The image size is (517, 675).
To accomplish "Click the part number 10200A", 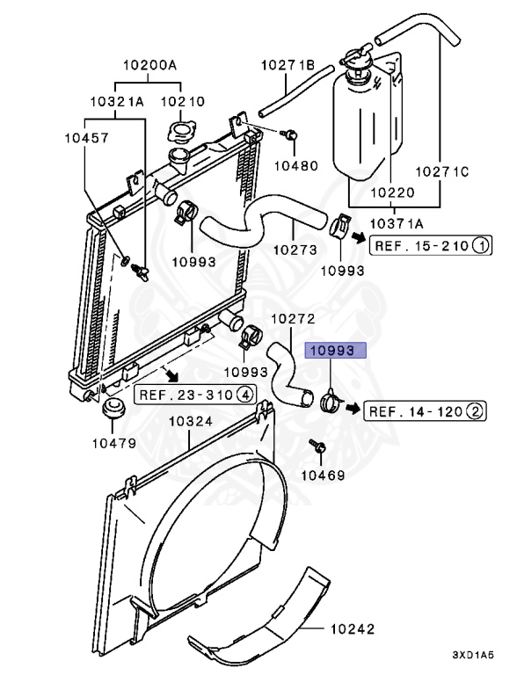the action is coord(149,65).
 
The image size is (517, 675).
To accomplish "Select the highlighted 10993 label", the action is coord(336,351).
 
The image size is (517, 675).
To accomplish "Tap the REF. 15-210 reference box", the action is coord(431,246).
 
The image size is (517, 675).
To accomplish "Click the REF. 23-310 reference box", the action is coord(195,395).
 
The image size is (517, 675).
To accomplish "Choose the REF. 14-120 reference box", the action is coord(425,411).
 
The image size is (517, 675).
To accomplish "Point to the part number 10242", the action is coord(353,629).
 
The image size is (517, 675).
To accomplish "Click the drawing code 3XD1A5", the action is coord(473,655).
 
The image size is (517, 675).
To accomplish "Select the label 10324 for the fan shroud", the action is coord(191,421).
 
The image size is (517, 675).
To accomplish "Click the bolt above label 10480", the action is coord(289,134).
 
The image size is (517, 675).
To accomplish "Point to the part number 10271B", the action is coord(288,65).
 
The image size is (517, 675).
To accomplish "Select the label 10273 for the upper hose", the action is coord(295,250).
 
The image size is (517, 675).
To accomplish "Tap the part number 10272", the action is coord(294,319).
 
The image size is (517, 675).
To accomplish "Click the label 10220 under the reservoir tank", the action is coord(392,192).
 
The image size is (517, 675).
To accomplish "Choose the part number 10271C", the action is coord(441,171).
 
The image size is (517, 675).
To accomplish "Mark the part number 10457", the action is coord(86,138).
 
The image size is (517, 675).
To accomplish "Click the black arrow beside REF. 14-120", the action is coord(353,407).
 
